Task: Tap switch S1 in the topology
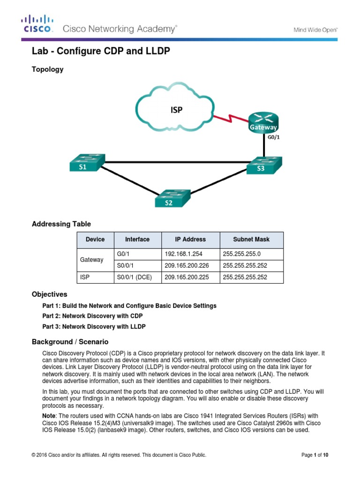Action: (x=86, y=163)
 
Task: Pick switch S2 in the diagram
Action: (x=172, y=198)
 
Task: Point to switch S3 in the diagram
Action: (x=263, y=165)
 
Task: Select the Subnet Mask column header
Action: (x=251, y=240)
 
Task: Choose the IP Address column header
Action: (x=190, y=240)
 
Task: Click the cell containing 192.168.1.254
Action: (x=190, y=254)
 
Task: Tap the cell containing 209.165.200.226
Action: (x=190, y=265)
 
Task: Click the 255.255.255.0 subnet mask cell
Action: (x=251, y=254)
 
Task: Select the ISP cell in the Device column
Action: (x=95, y=277)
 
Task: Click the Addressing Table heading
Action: (x=61, y=224)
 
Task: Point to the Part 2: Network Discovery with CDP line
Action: (x=92, y=316)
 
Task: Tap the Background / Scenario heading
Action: (x=70, y=342)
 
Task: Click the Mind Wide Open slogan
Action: (x=315, y=30)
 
